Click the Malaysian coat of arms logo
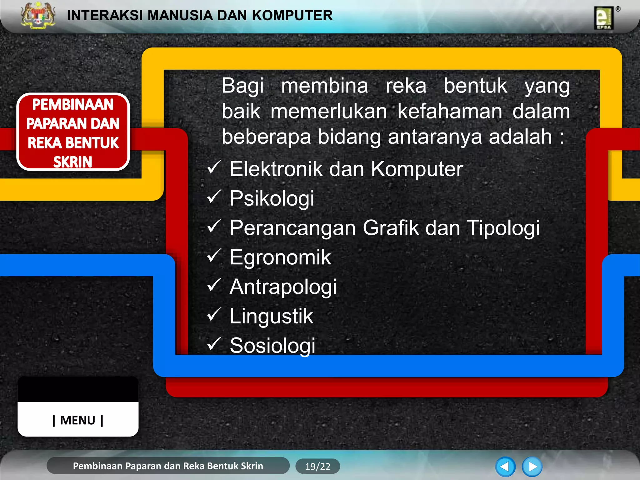pyautogui.click(x=38, y=16)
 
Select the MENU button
pyautogui.click(x=78, y=420)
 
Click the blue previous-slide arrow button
pyautogui.click(x=505, y=467)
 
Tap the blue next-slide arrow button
pyautogui.click(x=532, y=467)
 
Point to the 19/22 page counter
pyautogui.click(x=317, y=467)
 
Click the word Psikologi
pyautogui.click(x=272, y=198)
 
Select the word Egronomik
pyautogui.click(x=280, y=257)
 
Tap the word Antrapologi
pyautogui.click(x=283, y=287)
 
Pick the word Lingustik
pyautogui.click(x=271, y=316)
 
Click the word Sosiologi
pyautogui.click(x=272, y=346)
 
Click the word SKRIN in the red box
pyautogui.click(x=73, y=162)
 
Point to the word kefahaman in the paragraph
pyautogui.click(x=450, y=112)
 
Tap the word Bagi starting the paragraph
pyautogui.click(x=243, y=86)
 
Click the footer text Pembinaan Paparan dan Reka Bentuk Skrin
pyautogui.click(x=168, y=466)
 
